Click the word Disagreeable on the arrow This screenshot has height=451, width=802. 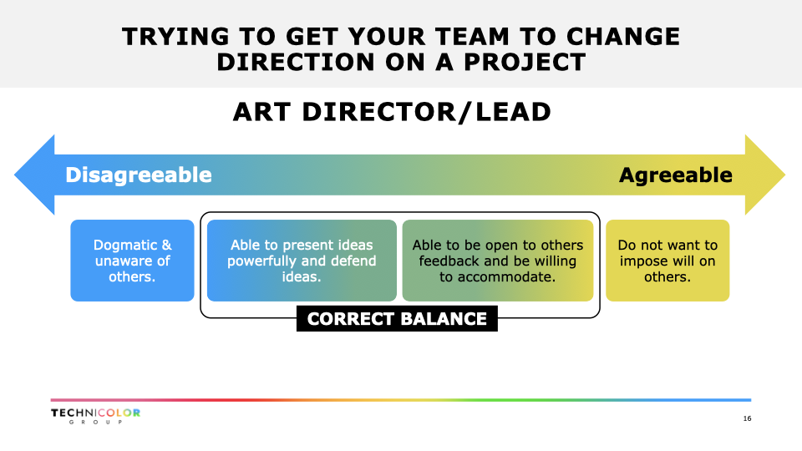tap(138, 175)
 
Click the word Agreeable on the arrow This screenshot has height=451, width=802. tap(676, 175)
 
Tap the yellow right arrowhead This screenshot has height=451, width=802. tap(764, 175)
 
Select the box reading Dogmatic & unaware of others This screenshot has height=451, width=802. tap(133, 261)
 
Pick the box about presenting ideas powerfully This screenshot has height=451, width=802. tap(302, 261)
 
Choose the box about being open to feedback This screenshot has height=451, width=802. tap(498, 261)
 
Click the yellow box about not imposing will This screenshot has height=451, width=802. tap(667, 261)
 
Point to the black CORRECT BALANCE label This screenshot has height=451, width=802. tap(397, 318)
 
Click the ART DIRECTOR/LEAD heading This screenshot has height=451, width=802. tap(392, 112)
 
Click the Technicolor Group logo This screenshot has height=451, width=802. tap(95, 416)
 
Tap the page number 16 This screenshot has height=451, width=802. tap(747, 418)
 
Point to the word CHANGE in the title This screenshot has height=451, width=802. tap(623, 37)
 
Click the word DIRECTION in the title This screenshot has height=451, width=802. tap(296, 63)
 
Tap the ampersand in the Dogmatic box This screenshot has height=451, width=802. tap(167, 245)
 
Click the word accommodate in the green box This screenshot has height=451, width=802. tap(503, 277)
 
